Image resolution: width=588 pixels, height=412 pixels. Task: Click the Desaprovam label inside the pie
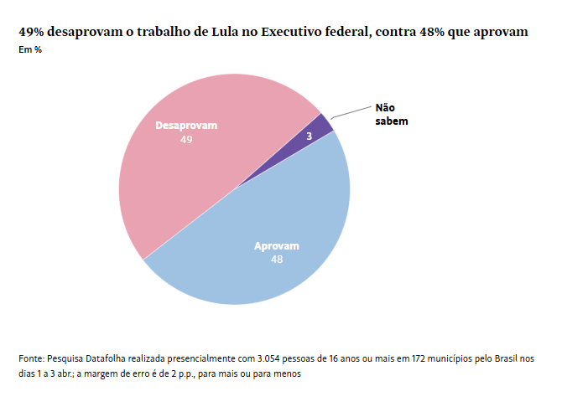(186, 126)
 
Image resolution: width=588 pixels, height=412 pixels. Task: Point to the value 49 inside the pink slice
(186, 140)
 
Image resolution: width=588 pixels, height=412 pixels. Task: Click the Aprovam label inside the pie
(277, 246)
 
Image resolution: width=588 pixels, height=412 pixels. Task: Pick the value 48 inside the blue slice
(277, 260)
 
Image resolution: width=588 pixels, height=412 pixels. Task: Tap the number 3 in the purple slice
(310, 136)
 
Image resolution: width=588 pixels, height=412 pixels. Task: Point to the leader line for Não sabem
(351, 110)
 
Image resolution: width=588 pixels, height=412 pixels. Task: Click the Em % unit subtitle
(30, 50)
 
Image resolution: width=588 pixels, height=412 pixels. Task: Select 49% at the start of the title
(32, 32)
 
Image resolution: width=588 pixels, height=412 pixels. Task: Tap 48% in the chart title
(434, 32)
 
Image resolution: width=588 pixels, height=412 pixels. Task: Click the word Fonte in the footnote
(32, 358)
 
